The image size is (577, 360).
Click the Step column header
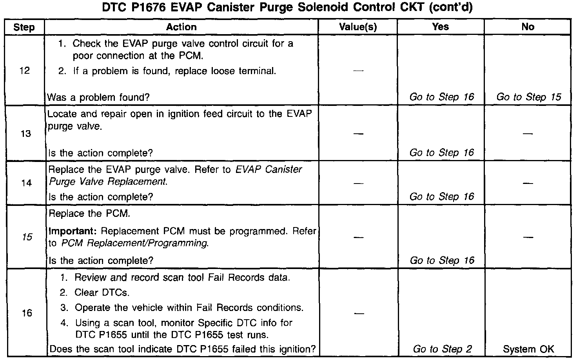(x=24, y=27)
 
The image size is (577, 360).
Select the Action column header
(x=181, y=27)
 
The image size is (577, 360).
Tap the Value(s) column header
(x=357, y=27)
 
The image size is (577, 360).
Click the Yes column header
(x=440, y=27)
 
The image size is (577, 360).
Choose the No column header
(x=528, y=27)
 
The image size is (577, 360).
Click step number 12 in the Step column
(x=24, y=71)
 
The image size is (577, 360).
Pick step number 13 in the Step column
(x=25, y=134)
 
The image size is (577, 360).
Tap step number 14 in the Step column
(x=26, y=183)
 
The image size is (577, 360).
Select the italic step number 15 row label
(x=27, y=237)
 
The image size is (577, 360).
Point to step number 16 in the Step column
(x=27, y=313)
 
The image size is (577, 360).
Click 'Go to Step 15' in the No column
(x=529, y=97)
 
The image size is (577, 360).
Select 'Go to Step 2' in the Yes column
(x=442, y=349)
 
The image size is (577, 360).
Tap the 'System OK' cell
(x=528, y=349)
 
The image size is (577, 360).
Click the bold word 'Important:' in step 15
(x=73, y=231)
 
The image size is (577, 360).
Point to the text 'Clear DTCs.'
(x=102, y=293)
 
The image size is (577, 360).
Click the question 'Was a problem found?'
(x=98, y=97)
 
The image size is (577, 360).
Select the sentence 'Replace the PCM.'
(x=89, y=214)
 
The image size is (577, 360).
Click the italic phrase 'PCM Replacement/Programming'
(x=134, y=243)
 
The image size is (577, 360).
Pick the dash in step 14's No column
(x=528, y=183)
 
